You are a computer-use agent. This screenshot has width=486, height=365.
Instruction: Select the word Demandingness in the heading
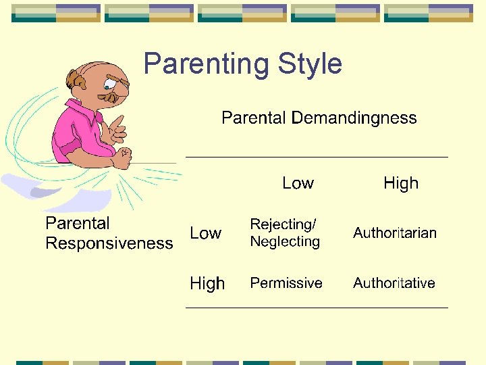(x=354, y=118)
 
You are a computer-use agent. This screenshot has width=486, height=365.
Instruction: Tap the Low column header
(x=298, y=183)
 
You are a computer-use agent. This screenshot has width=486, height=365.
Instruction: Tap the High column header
(x=401, y=183)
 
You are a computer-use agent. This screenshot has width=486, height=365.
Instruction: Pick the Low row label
(x=205, y=233)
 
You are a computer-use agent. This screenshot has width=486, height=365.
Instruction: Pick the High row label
(x=207, y=283)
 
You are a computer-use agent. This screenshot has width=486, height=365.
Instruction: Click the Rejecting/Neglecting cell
(x=285, y=233)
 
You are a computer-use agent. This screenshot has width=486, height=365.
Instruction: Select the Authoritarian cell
(x=395, y=233)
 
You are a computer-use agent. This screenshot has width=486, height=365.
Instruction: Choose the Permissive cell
(x=286, y=283)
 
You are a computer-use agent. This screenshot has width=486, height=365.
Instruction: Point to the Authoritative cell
(x=394, y=283)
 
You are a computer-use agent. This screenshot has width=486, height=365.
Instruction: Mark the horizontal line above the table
(x=317, y=157)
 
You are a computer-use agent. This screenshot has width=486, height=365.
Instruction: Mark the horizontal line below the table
(x=317, y=308)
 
